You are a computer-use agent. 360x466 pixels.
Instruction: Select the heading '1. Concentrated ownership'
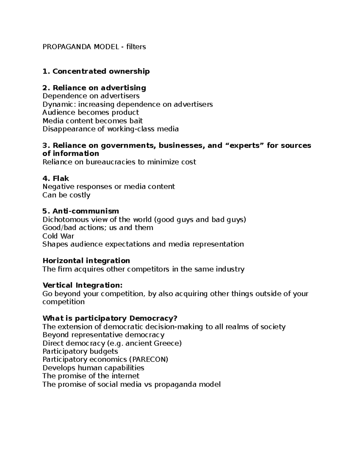click(x=96, y=71)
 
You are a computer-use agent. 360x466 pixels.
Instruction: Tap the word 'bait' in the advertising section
click(x=136, y=121)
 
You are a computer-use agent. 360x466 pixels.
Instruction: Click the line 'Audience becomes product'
click(x=91, y=113)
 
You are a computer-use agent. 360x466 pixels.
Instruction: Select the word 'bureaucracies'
click(x=111, y=162)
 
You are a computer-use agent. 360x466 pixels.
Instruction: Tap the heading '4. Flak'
click(x=56, y=179)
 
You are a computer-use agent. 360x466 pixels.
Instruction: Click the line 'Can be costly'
click(x=66, y=195)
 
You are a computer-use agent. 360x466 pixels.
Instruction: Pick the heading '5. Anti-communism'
click(x=81, y=211)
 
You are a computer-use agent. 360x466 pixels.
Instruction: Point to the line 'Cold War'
click(x=58, y=236)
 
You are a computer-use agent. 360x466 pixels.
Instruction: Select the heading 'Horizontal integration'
click(x=86, y=261)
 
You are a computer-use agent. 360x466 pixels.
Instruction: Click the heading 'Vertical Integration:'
click(x=82, y=285)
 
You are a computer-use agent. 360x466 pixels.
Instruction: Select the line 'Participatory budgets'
click(x=80, y=351)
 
